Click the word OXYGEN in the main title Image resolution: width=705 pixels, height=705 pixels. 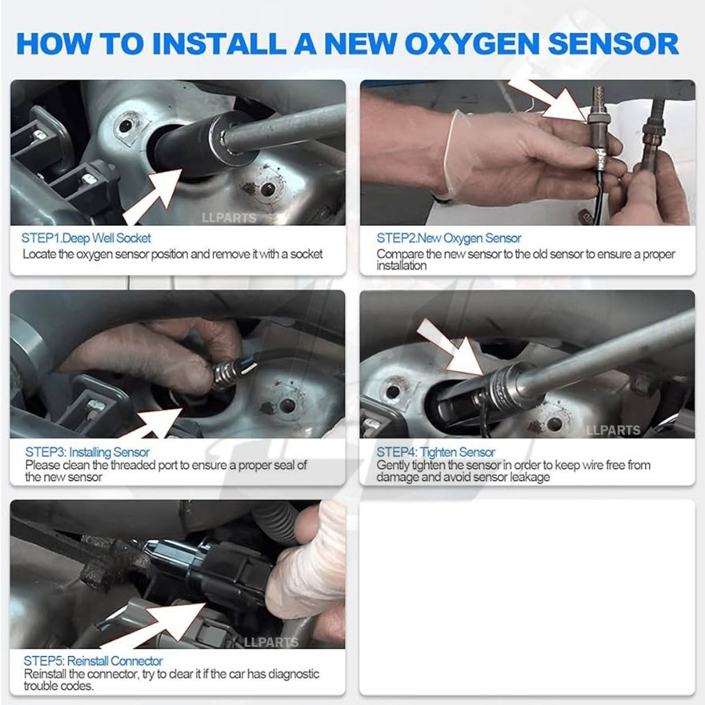[472, 44]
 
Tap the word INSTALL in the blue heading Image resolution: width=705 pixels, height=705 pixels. [219, 43]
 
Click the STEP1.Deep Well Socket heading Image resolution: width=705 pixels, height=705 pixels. [86, 238]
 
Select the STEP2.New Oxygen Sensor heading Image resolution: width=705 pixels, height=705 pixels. [449, 238]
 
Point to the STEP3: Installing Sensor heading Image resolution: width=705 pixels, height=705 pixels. [87, 452]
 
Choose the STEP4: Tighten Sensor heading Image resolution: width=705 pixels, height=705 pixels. [436, 452]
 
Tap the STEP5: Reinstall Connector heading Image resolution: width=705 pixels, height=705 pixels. [93, 661]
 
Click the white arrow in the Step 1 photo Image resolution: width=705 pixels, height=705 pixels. [153, 196]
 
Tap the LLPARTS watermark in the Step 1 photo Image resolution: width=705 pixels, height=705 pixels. [229, 218]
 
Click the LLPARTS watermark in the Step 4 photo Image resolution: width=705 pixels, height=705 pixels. [613, 430]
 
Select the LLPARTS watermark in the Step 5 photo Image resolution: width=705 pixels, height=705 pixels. [271, 642]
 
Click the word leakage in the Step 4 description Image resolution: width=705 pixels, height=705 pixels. [530, 476]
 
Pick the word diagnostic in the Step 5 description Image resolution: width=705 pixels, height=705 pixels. [292, 674]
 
